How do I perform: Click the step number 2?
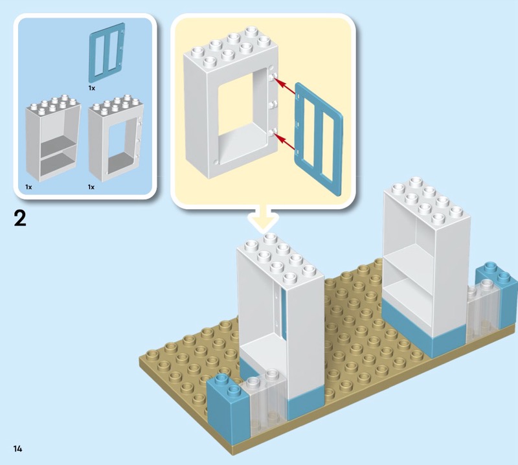click(x=20, y=218)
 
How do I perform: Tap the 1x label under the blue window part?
click(x=91, y=87)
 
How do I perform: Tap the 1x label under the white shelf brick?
click(x=29, y=187)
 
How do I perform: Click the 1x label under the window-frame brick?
click(x=91, y=187)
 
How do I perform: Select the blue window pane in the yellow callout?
click(x=317, y=132)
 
